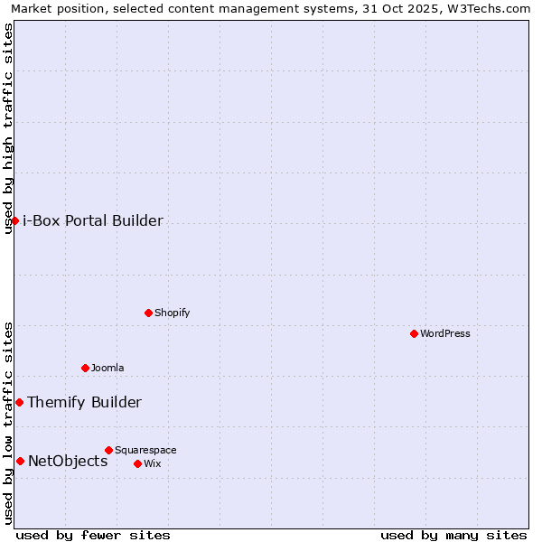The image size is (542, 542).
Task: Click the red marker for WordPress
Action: click(414, 333)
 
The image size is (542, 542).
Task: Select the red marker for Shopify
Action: click(148, 313)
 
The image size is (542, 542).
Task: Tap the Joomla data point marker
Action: click(85, 368)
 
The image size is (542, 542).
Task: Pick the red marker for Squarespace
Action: click(108, 450)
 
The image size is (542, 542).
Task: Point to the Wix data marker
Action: click(137, 463)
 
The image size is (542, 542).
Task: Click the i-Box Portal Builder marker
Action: click(14, 220)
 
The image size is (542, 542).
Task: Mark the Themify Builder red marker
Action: click(19, 402)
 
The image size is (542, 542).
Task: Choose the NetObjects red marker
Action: click(20, 461)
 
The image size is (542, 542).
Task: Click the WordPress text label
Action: click(445, 333)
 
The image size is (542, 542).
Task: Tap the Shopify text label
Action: click(172, 313)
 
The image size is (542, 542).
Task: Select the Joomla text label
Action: click(107, 368)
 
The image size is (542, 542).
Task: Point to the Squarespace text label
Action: click(145, 450)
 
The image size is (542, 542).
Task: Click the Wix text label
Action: click(152, 463)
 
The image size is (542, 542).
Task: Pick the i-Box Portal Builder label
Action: click(93, 220)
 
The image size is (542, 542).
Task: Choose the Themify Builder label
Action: click(84, 402)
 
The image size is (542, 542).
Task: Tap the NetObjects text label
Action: click(68, 461)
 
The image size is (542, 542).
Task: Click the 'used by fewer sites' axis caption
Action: click(92, 535)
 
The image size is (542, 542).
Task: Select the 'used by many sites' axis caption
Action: click(453, 535)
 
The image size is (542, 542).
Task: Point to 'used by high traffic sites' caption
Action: click(8, 128)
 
